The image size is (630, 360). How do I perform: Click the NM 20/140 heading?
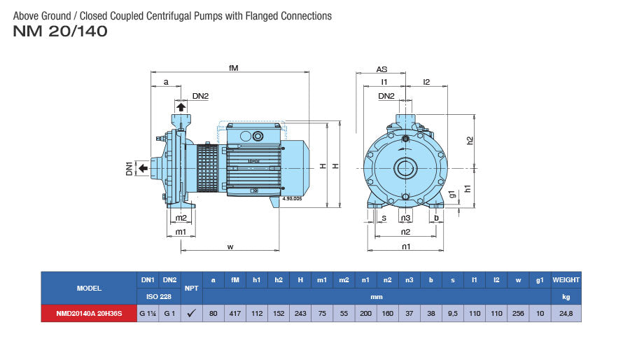[x=60, y=32]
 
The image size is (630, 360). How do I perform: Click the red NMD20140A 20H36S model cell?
[x=89, y=314]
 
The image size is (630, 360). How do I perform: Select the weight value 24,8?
[x=566, y=314]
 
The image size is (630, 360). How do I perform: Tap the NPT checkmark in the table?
[x=191, y=314]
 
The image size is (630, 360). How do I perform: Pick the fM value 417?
[x=235, y=314]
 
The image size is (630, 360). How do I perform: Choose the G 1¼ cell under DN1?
[x=148, y=314]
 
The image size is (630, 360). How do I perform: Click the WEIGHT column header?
[x=566, y=280]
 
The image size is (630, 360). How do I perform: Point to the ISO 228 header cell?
[x=159, y=296]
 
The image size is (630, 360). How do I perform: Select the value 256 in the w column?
[x=519, y=314]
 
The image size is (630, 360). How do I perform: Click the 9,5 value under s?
[x=452, y=314]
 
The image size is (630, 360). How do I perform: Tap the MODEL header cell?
[x=89, y=288]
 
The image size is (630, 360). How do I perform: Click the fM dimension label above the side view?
[x=234, y=68]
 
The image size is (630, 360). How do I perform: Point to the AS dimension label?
[x=381, y=69]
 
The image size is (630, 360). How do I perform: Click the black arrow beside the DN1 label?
[x=142, y=167]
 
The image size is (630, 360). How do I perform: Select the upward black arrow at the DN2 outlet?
[x=181, y=106]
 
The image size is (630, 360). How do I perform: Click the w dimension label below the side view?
[x=230, y=246]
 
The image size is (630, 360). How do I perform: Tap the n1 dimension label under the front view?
[x=405, y=246]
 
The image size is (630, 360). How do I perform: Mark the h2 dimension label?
[x=470, y=140]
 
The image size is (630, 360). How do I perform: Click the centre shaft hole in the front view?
[x=405, y=167]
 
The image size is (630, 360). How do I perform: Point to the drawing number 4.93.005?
[x=291, y=199]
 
